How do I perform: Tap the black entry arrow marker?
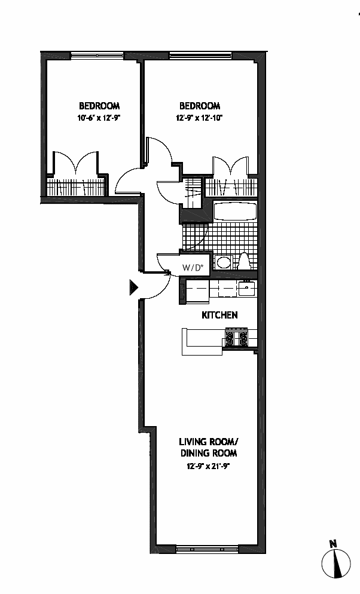tap(133, 288)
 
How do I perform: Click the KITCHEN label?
tap(220, 315)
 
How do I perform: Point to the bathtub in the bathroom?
tap(234, 212)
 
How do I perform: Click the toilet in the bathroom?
tap(245, 261)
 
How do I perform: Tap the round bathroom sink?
tap(224, 262)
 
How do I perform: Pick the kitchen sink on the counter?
tap(246, 287)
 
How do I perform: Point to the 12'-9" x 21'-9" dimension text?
tap(208, 465)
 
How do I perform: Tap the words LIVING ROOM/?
tap(209, 442)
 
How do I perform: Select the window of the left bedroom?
tap(97, 56)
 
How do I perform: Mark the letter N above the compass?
tap(334, 543)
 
